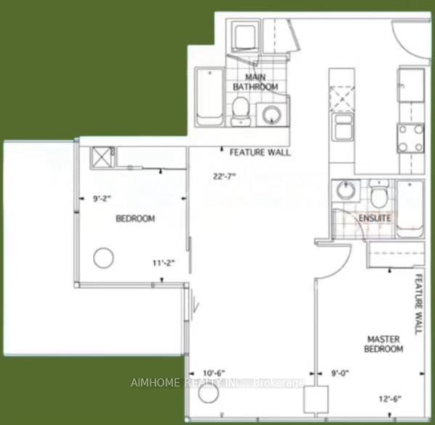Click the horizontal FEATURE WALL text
pyautogui.click(x=260, y=153)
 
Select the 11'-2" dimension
pyautogui.click(x=163, y=262)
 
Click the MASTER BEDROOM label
pyautogui.click(x=384, y=344)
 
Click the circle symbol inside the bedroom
pyautogui.click(x=104, y=258)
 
